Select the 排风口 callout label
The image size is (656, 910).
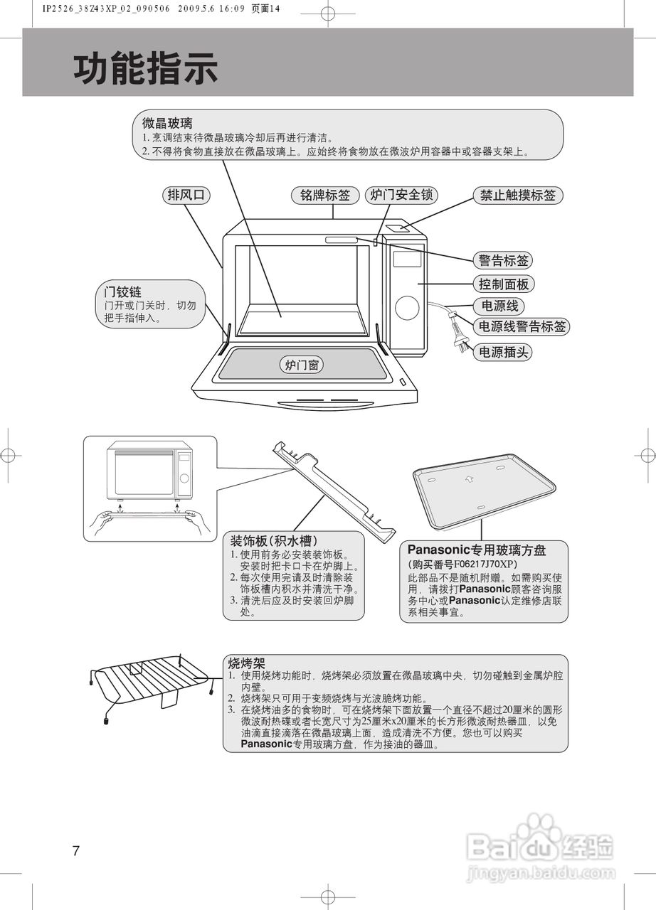[187, 196]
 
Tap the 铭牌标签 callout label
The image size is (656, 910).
[324, 196]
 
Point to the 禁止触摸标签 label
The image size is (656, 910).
[517, 196]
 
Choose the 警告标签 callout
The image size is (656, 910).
[503, 260]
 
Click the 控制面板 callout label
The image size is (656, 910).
[503, 284]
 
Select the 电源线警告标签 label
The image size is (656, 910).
[522, 327]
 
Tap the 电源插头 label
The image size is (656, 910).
[503, 352]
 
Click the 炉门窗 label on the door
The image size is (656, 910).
[301, 365]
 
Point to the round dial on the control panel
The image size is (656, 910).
[407, 307]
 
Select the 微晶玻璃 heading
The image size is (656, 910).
[167, 123]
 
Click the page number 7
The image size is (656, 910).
[76, 851]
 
